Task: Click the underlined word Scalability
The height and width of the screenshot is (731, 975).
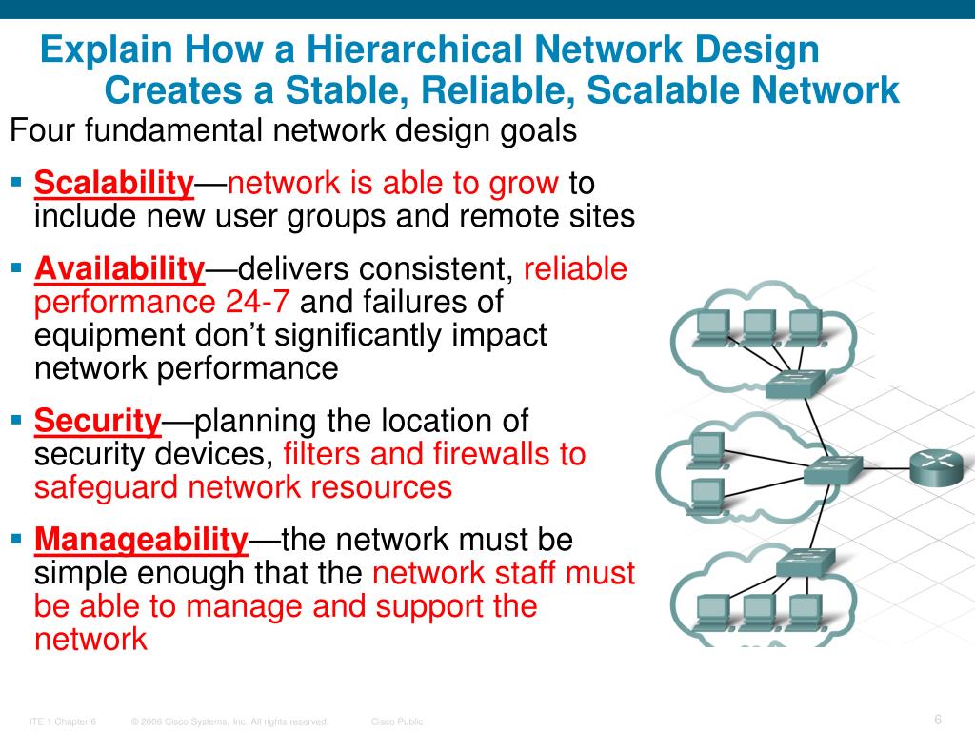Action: click(x=114, y=183)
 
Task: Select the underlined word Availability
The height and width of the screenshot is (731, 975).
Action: click(x=119, y=270)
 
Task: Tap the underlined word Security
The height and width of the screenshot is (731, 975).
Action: click(x=98, y=421)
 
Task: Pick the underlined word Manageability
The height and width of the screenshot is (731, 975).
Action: click(x=141, y=541)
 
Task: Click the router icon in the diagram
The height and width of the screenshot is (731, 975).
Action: click(x=935, y=467)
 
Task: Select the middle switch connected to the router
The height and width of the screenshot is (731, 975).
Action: click(x=831, y=468)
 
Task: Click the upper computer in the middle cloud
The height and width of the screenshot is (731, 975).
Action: click(x=706, y=447)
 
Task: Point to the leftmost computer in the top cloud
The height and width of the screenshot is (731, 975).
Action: click(x=713, y=326)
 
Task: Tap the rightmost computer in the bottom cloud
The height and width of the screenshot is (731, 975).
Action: click(x=805, y=609)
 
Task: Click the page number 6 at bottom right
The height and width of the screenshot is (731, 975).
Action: click(x=938, y=719)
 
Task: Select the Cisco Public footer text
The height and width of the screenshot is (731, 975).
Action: click(x=397, y=721)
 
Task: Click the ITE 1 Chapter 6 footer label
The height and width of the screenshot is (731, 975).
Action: click(x=63, y=721)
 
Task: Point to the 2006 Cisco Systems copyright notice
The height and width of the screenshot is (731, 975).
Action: click(x=230, y=721)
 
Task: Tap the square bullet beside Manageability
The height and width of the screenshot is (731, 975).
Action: click(x=16, y=540)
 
